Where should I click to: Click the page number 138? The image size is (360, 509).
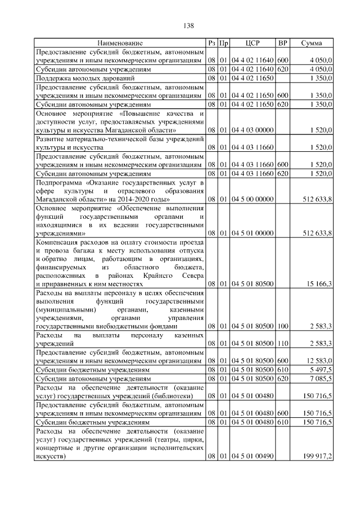[188, 26]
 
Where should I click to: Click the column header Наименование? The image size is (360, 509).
[120, 43]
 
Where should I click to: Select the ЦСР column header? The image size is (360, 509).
[253, 43]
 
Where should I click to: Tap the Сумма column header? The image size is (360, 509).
[311, 43]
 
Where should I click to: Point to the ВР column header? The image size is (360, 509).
[283, 43]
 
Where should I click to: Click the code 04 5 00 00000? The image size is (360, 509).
[253, 199]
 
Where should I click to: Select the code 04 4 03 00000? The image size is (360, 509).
[253, 130]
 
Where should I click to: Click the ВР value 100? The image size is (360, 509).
[283, 326]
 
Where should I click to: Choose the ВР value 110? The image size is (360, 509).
[283, 343]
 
